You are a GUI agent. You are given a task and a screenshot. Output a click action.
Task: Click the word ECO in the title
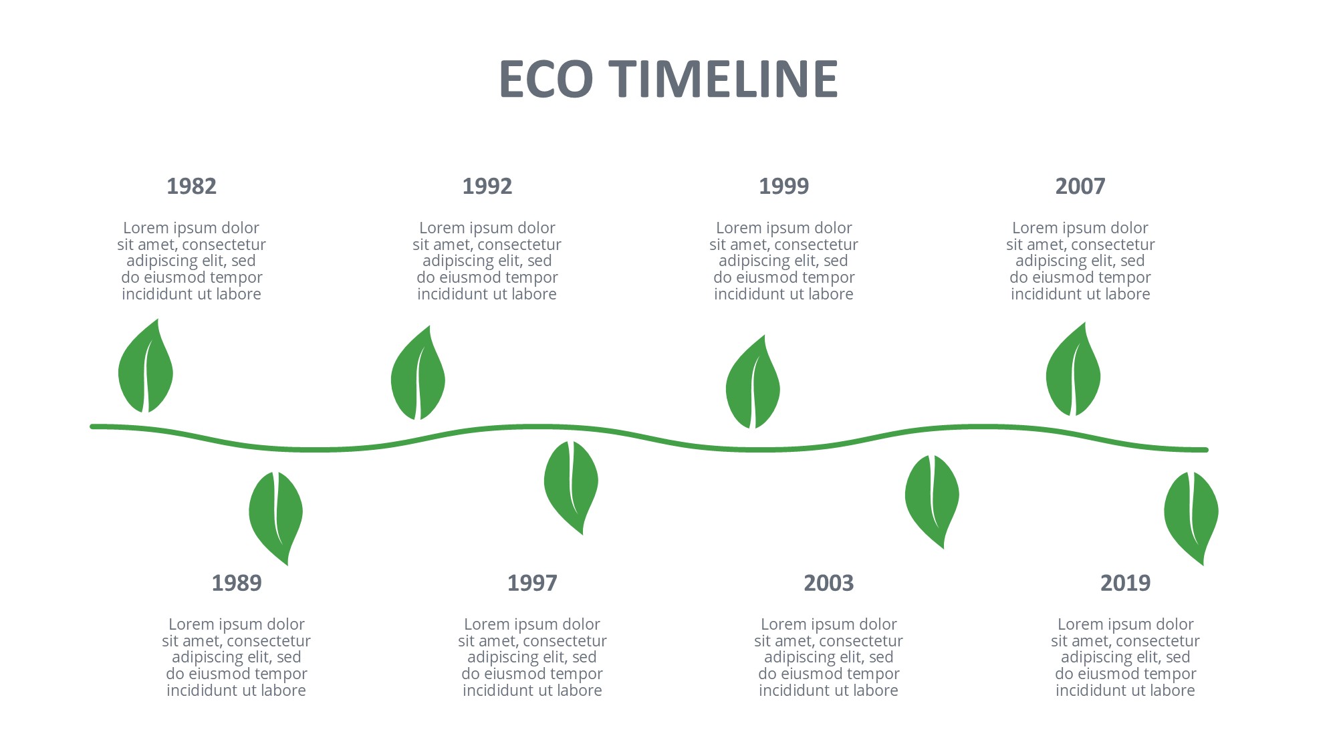546,79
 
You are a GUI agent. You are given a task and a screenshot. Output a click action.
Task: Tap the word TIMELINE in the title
723,79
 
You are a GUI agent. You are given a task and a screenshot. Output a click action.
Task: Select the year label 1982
191,186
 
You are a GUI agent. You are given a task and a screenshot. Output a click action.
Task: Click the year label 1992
487,186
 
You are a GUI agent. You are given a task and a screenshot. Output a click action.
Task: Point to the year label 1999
783,186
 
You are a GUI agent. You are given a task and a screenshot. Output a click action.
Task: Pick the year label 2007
1080,186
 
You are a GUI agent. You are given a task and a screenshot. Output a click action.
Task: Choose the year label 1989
237,583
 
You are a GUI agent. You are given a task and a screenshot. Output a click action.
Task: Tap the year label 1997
532,583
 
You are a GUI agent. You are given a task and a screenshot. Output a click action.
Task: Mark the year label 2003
829,583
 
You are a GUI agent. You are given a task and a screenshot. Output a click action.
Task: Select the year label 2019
1126,583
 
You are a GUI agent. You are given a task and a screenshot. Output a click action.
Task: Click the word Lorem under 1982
146,228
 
